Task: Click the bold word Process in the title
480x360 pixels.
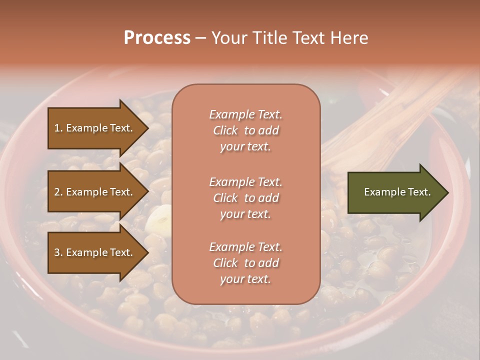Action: coord(157,38)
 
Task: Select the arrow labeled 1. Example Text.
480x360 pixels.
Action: coord(95,128)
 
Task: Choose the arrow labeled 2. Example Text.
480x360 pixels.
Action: coord(95,192)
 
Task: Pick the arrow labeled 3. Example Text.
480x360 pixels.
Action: coord(95,252)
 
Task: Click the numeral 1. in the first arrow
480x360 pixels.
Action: coord(58,128)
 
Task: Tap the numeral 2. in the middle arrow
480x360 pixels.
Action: coord(58,192)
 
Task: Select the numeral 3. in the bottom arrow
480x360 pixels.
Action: coord(58,252)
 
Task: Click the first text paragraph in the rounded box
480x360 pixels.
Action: coord(245,130)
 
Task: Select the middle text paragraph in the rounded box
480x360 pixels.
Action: coord(245,198)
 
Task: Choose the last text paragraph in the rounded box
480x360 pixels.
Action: coord(245,263)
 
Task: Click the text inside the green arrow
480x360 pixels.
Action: coord(397,192)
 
